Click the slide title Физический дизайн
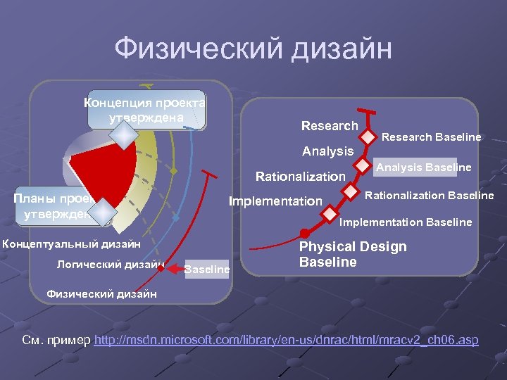tap(253, 50)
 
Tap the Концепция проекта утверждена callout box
tap(146, 110)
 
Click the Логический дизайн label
tap(110, 265)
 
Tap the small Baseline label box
tap(206, 269)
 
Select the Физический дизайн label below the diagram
tap(101, 293)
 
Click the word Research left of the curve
tap(330, 126)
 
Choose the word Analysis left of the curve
tap(327, 151)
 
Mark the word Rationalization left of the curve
tap(300, 176)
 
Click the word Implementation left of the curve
tap(275, 201)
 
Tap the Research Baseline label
tap(431, 137)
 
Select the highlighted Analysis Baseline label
tap(423, 167)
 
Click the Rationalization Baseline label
tap(429, 196)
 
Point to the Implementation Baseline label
tap(406, 222)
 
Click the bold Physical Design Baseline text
tap(352, 254)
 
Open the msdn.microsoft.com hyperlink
tap(286, 341)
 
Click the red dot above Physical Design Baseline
tap(304, 233)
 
